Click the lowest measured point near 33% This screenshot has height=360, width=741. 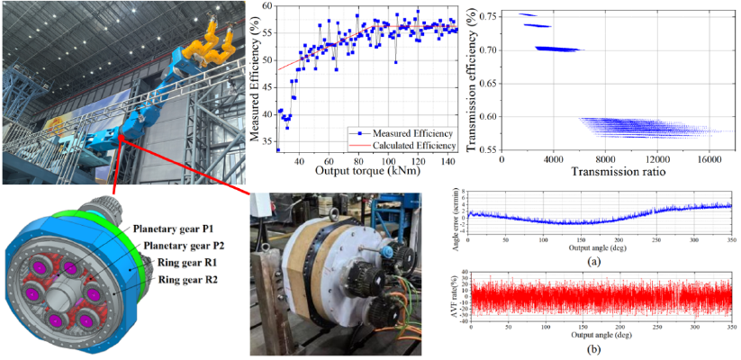click(277, 149)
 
